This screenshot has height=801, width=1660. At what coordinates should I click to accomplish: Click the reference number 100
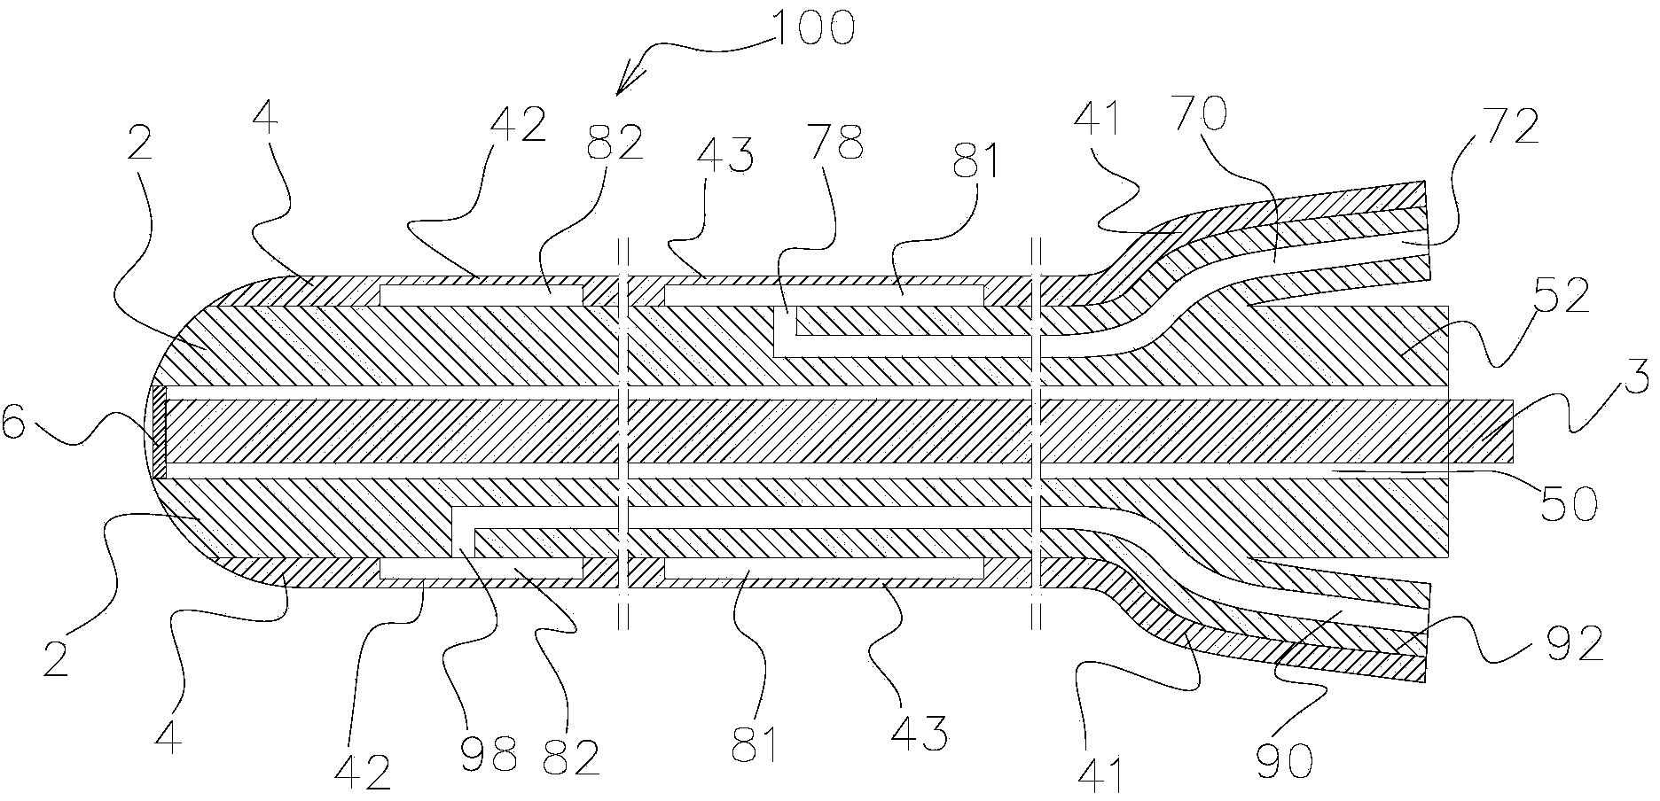[x=813, y=27]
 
